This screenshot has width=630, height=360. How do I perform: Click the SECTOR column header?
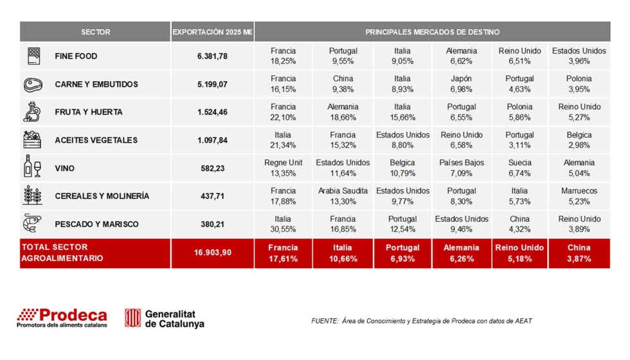point(95,32)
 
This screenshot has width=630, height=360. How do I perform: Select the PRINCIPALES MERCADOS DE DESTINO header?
point(432,32)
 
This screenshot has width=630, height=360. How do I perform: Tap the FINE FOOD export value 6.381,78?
point(212,57)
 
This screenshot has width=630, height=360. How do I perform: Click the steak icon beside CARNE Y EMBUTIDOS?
point(33,84)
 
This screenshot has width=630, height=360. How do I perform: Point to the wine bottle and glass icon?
point(32,166)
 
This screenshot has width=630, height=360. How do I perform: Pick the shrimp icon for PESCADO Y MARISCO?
point(32,223)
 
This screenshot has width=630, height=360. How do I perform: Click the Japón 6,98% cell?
point(461,84)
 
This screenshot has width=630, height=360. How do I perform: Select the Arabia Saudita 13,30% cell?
point(343,196)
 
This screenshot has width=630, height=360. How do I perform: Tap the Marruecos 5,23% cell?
point(579,196)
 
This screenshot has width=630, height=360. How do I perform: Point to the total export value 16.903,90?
point(212,253)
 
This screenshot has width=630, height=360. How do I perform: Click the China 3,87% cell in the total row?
point(579,253)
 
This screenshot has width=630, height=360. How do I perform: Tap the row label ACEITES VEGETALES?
point(96,140)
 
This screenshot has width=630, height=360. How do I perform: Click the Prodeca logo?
point(62,318)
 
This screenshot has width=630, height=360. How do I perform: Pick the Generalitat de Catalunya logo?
point(165,318)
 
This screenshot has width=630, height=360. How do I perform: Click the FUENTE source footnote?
point(421,321)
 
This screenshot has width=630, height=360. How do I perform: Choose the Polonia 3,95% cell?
point(579,84)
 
